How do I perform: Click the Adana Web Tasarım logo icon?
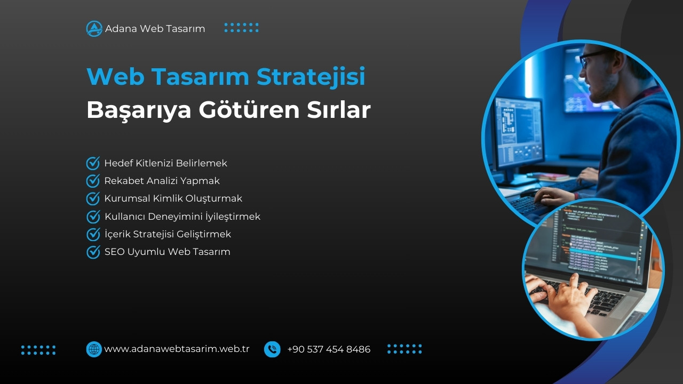(94, 29)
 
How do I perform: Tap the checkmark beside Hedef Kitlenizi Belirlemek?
(93, 163)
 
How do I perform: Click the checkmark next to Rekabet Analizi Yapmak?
(93, 181)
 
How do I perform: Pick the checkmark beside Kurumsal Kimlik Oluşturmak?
(93, 198)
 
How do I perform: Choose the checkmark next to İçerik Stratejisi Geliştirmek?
(93, 234)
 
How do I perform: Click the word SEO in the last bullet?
(114, 252)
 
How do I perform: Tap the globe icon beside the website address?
(94, 349)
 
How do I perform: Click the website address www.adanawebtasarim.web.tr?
(177, 349)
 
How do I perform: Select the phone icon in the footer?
(272, 349)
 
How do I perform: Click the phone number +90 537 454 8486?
(329, 349)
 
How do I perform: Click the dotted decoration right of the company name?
(241, 28)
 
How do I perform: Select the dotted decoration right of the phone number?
(404, 349)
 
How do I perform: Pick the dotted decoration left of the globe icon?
(38, 350)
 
